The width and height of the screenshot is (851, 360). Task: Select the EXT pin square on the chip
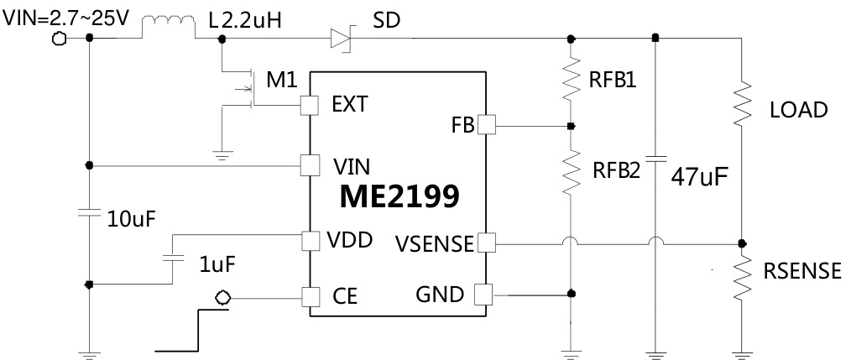(x=310, y=104)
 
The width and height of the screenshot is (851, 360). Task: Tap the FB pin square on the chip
(x=486, y=126)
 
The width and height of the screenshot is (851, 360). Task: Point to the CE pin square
(x=310, y=297)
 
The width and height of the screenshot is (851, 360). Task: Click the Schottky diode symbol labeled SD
(x=340, y=37)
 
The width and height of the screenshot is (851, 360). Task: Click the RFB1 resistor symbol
(x=571, y=79)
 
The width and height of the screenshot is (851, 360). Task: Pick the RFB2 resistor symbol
(x=571, y=170)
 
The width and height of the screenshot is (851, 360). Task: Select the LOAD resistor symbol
(x=742, y=104)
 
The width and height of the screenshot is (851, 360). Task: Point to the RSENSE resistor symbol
(x=742, y=277)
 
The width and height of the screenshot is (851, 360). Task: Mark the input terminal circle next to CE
(x=222, y=297)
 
